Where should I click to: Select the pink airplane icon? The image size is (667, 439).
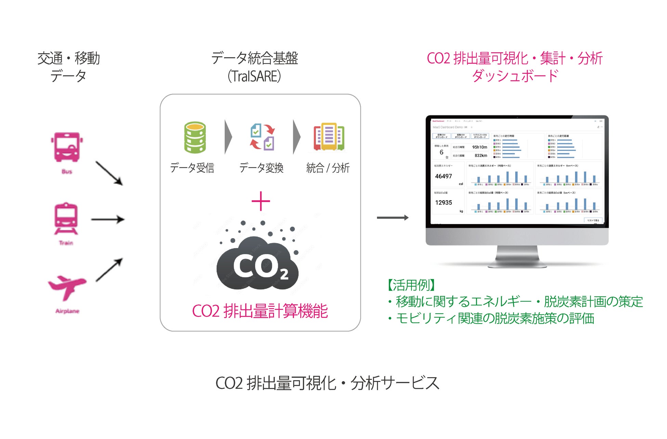tap(67, 286)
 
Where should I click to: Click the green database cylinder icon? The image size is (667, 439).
tap(195, 137)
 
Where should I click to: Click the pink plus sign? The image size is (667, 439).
tap(261, 201)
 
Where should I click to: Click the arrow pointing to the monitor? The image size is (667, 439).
tap(392, 218)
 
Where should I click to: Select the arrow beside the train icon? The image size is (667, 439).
tap(107, 219)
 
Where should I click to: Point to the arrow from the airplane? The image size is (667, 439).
tap(109, 270)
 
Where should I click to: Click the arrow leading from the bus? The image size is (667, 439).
tap(109, 173)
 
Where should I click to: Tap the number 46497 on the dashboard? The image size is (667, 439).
tap(443, 176)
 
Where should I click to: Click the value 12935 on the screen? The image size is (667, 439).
tap(443, 203)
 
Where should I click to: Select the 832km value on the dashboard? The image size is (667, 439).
tap(481, 155)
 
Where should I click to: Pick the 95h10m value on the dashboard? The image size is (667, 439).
tap(480, 147)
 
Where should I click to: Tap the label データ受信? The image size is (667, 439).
tap(192, 168)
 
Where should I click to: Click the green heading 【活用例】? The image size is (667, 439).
tap(411, 285)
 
